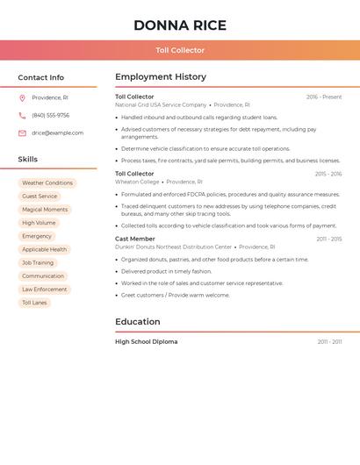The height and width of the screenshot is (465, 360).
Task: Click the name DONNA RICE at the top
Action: [179, 25]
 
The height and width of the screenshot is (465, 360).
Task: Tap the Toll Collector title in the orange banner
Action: [180, 50]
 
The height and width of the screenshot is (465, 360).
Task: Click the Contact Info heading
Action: [40, 77]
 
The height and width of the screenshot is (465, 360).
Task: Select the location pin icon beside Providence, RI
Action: [22, 97]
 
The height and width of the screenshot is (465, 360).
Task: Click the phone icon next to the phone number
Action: [22, 115]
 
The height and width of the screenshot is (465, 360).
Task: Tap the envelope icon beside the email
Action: [22, 132]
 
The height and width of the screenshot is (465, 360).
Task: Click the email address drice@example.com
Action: [57, 132]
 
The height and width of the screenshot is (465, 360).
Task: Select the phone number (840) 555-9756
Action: [50, 115]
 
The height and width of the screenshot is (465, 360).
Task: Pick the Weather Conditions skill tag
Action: [47, 182]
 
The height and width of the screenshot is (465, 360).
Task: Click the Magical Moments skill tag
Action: [45, 210]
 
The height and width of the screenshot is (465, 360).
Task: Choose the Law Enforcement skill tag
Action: [45, 290]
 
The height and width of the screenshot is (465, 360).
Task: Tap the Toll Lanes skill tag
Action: [35, 303]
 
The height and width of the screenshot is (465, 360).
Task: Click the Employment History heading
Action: [161, 77]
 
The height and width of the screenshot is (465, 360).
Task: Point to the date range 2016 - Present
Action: [324, 97]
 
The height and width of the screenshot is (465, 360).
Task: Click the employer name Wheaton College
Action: [137, 182]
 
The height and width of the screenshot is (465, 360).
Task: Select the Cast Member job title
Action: [134, 239]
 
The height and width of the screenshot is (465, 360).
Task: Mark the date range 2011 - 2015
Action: [329, 239]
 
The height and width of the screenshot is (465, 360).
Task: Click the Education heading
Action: [138, 322]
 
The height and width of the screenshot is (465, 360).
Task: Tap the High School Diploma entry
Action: [146, 341]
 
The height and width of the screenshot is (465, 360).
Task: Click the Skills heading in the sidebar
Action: [27, 159]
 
